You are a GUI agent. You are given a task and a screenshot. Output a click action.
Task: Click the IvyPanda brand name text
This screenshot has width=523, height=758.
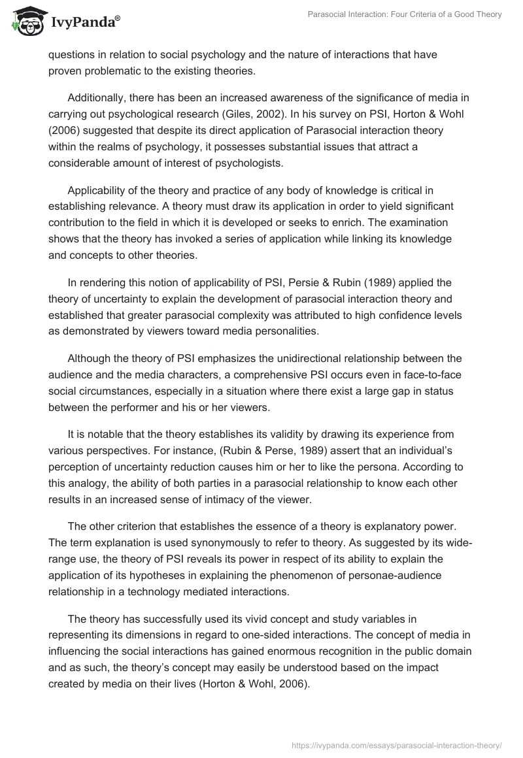click(x=85, y=23)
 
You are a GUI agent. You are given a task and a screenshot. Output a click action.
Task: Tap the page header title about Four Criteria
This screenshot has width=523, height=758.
click(x=405, y=14)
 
